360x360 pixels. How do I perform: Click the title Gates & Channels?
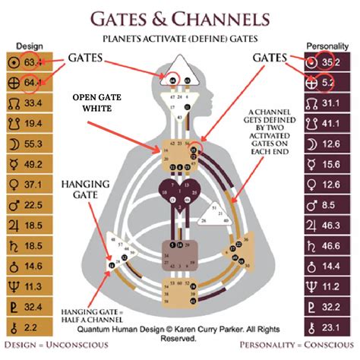click(179, 18)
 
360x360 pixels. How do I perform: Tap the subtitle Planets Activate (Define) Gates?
click(179, 37)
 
